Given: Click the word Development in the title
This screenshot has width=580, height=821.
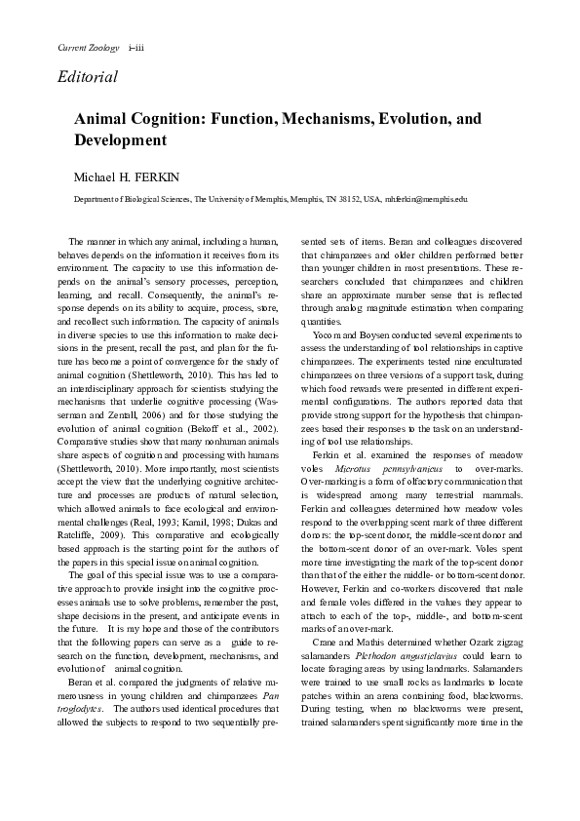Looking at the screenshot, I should point(121,140).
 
